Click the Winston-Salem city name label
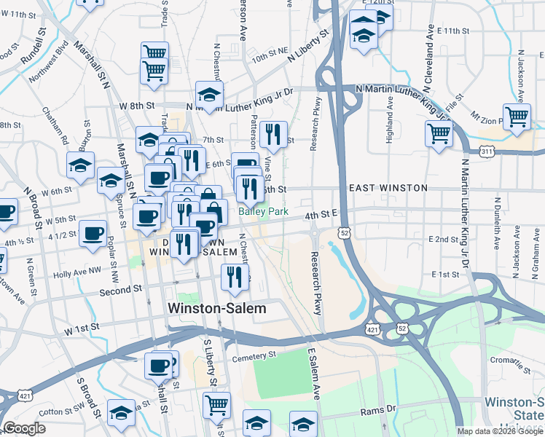point(217,308)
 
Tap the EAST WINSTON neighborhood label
point(388,188)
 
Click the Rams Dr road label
point(378,412)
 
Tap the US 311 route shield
point(487,151)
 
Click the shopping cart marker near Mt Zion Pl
point(517,117)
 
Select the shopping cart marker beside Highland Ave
point(439,133)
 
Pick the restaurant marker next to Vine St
point(272,133)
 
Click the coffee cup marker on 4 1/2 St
point(93,234)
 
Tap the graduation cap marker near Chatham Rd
point(80,165)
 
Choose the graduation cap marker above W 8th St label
point(209,94)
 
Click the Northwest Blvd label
point(49,66)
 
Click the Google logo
point(24,428)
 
